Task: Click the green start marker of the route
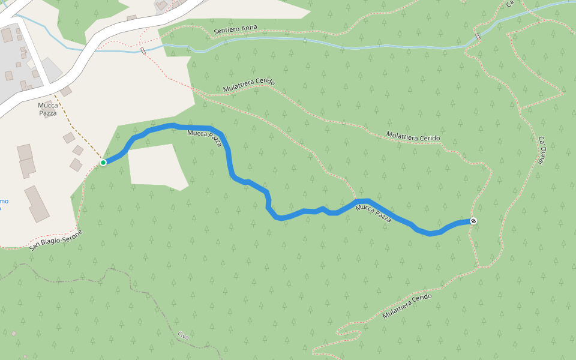pyautogui.click(x=103, y=162)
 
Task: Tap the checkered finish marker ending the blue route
pyautogui.click(x=473, y=221)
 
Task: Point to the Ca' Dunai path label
pyautogui.click(x=542, y=148)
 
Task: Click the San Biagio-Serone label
pyautogui.click(x=55, y=239)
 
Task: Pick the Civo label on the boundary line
pyautogui.click(x=184, y=337)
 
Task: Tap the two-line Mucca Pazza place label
pyautogui.click(x=48, y=109)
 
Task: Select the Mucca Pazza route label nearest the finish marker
pyautogui.click(x=373, y=213)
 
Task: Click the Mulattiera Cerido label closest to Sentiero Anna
pyautogui.click(x=248, y=85)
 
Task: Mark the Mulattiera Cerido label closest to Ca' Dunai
pyautogui.click(x=413, y=137)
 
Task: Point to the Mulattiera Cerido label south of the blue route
pyautogui.click(x=407, y=305)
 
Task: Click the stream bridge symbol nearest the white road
pyautogui.click(x=143, y=51)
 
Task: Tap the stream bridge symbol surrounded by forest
pyautogui.click(x=478, y=37)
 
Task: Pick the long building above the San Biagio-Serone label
pyautogui.click(x=37, y=203)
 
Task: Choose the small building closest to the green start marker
pyautogui.click(x=76, y=164)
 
